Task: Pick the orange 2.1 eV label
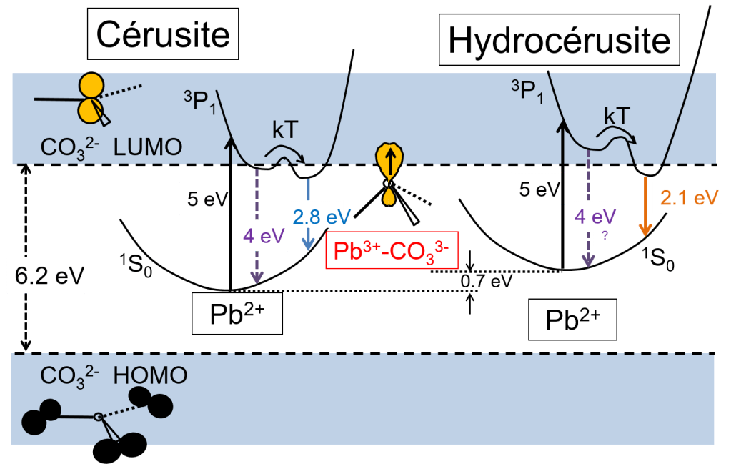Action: pos(688,197)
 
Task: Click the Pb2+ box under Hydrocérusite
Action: pos(572,319)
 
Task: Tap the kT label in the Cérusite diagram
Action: pos(286,129)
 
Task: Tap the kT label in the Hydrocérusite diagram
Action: pos(617,117)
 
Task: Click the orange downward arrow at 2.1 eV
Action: pos(646,207)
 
